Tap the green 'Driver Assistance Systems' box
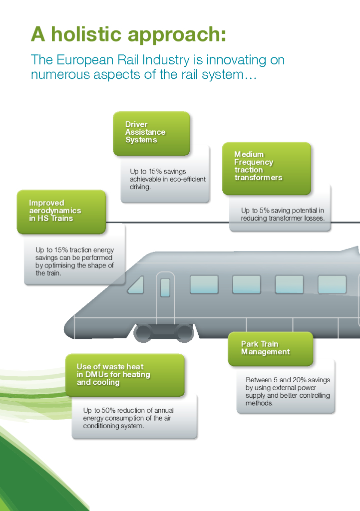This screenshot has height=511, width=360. coord(151,133)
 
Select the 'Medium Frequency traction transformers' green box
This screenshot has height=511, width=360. coord(266,167)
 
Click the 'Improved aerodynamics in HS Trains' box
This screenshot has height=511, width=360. coord(61,211)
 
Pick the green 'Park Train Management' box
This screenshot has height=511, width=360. coord(270,348)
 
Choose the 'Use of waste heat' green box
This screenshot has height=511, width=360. coord(125,375)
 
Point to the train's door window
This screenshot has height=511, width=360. coord(165,287)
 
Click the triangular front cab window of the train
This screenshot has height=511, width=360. coord(136,285)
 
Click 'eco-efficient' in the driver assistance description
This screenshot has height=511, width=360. coord(187,179)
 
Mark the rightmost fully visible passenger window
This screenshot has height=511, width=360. coord(332,284)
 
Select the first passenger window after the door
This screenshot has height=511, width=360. coord(204,284)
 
